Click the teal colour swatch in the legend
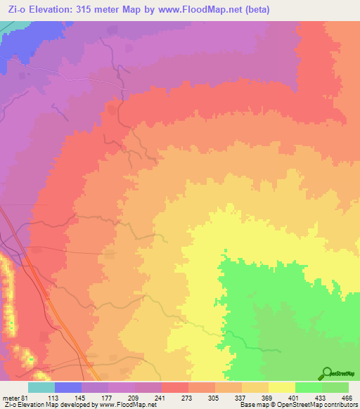(x=41, y=387)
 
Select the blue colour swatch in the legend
(x=67, y=387)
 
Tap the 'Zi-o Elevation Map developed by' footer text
(x=44, y=405)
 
